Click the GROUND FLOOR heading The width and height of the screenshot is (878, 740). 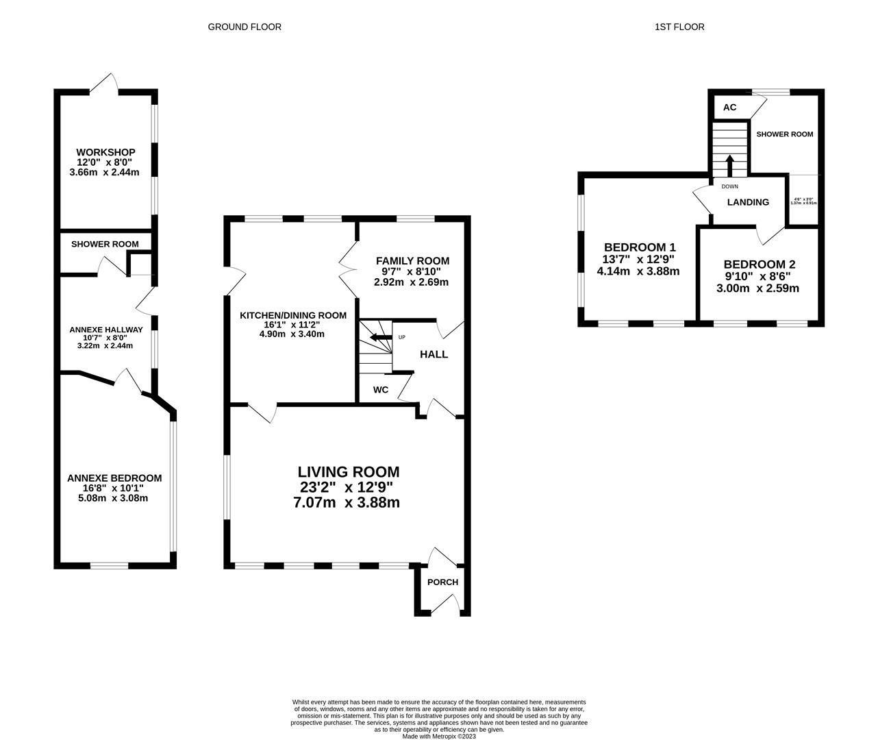pos(244,27)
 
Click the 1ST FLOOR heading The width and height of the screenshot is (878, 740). pos(679,27)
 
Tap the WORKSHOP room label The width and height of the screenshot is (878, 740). pos(105,152)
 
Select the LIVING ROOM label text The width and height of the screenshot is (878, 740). pos(348,471)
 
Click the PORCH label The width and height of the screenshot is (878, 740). pos(442,582)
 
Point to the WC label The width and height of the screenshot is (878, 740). pos(381,390)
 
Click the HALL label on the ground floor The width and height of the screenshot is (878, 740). pos(434,354)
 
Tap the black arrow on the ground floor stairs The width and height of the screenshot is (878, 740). pos(379,337)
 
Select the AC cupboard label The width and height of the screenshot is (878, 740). pos(729,108)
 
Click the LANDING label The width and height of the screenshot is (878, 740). pos(748,202)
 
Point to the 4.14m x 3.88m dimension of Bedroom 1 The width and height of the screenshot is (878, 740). pos(638,271)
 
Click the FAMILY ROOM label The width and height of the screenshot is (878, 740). pos(412,260)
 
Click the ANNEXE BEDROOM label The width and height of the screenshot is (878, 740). pos(114,478)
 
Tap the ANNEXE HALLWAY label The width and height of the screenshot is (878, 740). pos(106,330)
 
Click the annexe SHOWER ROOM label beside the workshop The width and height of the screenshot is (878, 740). pos(105,244)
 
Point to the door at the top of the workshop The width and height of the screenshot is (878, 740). pos(103,84)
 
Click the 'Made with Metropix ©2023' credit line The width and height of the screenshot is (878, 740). pos(438,737)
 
